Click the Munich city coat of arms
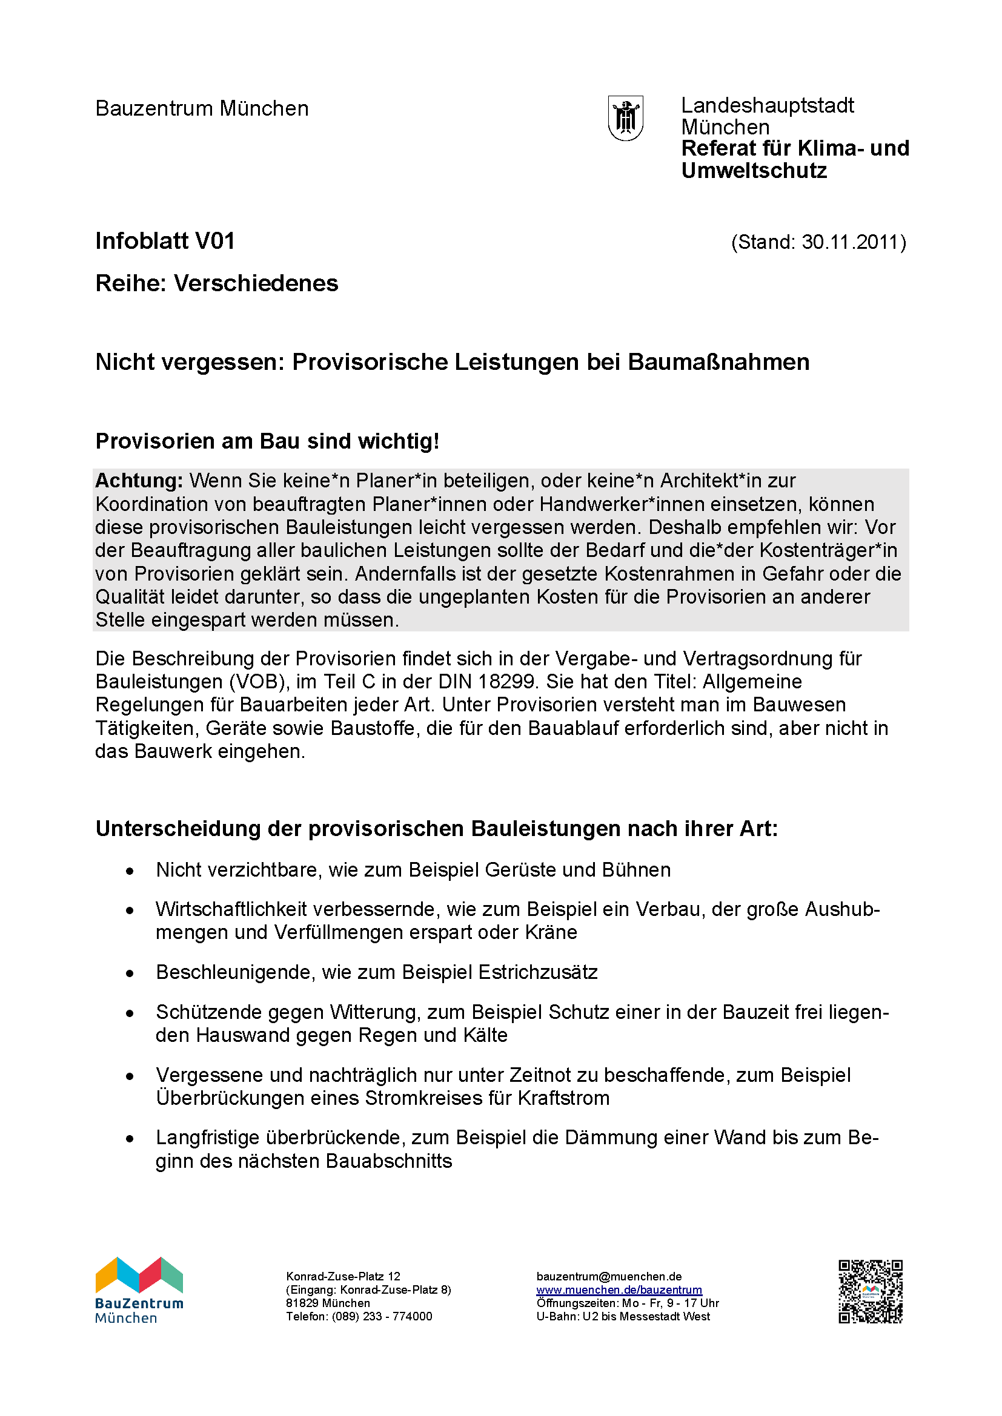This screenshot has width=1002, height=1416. tap(626, 118)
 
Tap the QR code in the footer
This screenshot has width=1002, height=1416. tap(870, 1291)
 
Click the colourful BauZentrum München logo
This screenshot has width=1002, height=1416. tap(139, 1289)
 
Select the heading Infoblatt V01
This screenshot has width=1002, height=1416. tap(165, 241)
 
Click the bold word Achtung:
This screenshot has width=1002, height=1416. tap(139, 481)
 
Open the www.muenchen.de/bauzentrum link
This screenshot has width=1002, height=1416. tap(619, 1289)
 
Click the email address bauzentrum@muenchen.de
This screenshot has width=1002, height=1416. tap(609, 1276)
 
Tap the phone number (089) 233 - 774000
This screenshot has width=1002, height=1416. tap(382, 1316)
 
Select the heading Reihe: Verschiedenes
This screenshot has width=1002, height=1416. tap(216, 284)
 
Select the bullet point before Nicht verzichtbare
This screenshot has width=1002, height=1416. tap(130, 871)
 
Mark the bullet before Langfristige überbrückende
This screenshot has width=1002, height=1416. tap(130, 1139)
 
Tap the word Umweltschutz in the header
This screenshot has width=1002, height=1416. tap(754, 171)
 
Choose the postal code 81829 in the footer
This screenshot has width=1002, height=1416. tap(301, 1303)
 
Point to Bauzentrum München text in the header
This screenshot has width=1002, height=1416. tap(202, 108)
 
